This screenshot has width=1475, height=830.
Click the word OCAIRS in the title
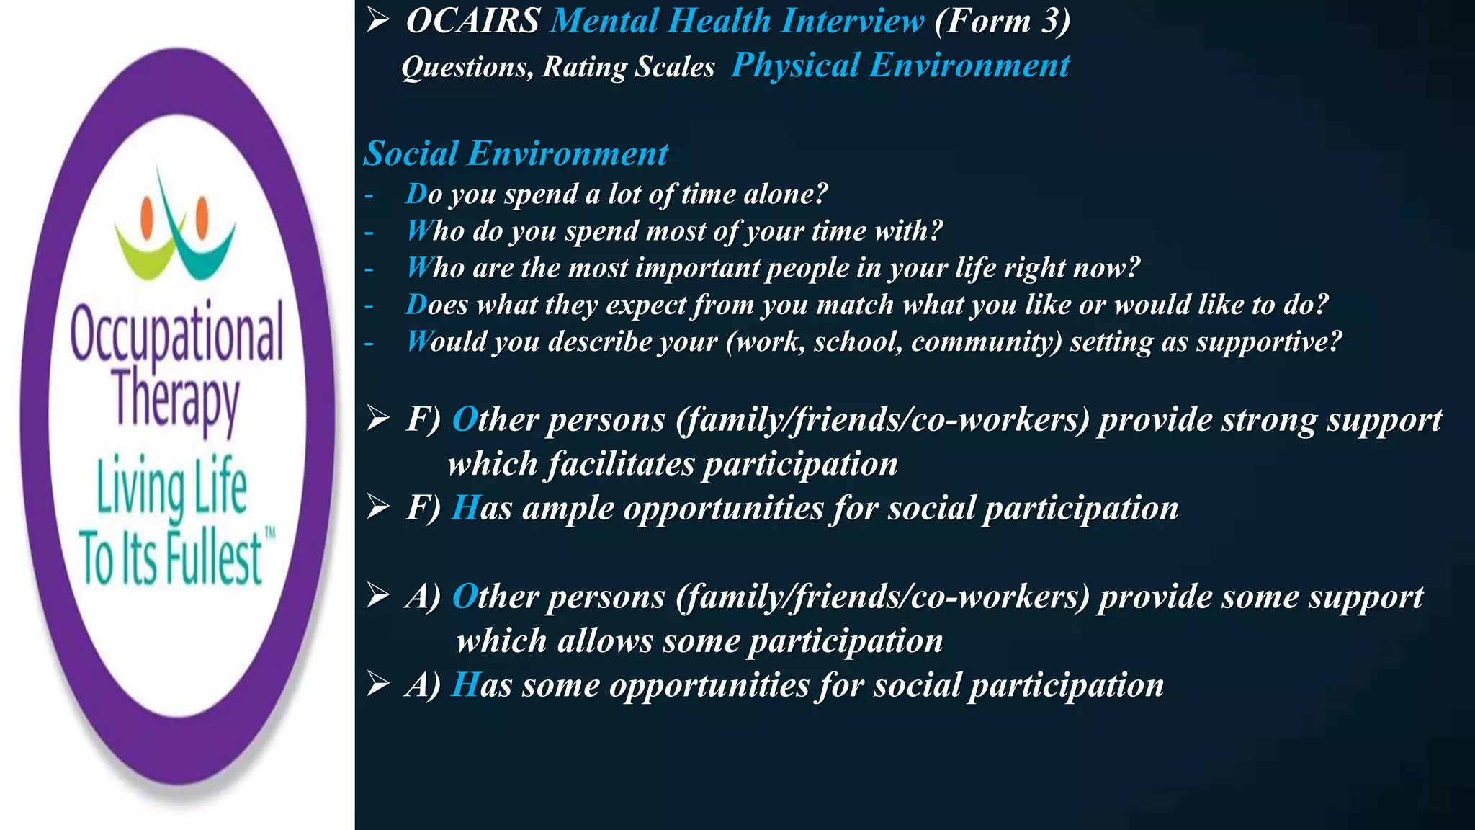473,21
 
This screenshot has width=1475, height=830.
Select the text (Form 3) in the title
1002,21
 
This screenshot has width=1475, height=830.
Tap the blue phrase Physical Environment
900,66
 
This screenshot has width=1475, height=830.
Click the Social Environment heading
516,153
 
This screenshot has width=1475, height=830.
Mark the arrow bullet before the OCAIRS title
377,21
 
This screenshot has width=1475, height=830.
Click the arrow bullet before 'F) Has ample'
377,507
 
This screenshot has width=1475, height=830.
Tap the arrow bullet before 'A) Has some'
377,684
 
